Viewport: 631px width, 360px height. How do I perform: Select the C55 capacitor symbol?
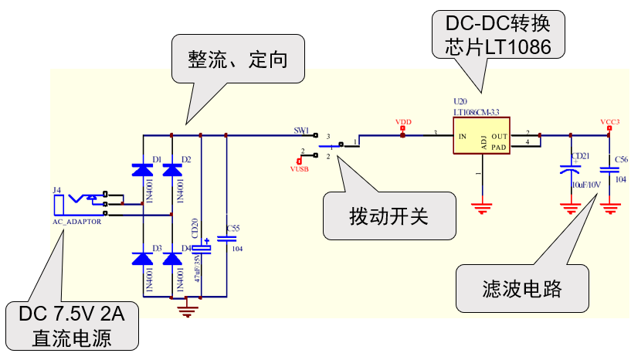tap(226, 238)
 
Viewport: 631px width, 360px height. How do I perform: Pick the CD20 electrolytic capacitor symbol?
tap(202, 248)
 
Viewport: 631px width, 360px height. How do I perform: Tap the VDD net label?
tap(402, 123)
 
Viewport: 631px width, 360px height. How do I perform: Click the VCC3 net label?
tap(609, 122)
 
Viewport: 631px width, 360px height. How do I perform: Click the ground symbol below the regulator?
tap(482, 206)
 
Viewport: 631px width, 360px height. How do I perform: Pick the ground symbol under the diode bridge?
tap(185, 311)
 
